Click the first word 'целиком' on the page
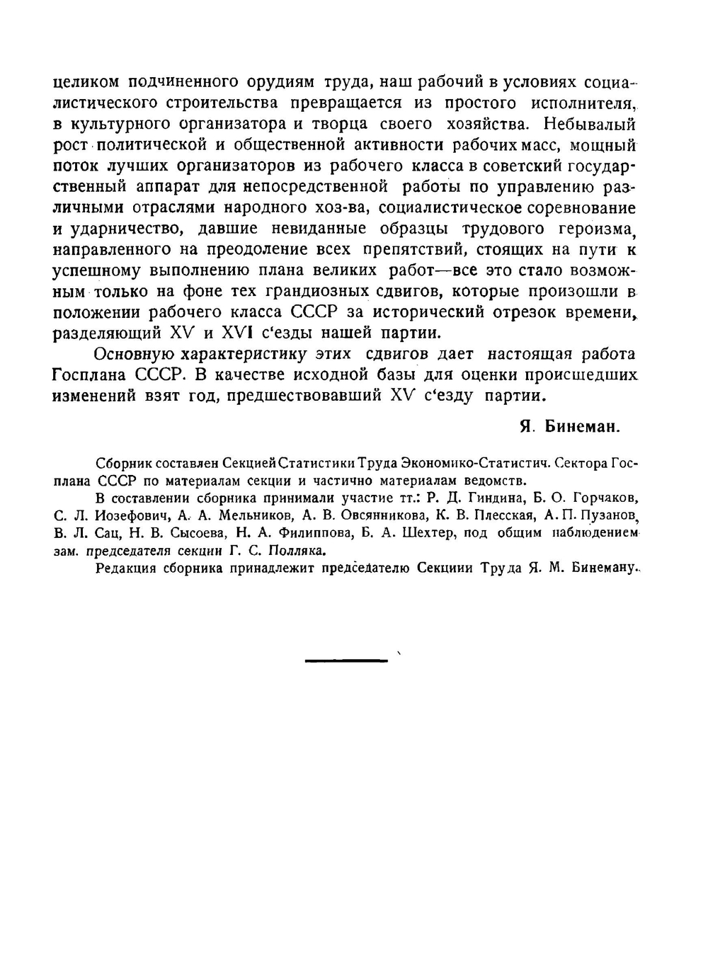pyautogui.click(x=86, y=82)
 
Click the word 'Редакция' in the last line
pyautogui.click(x=125, y=568)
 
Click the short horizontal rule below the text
pyautogui.click(x=347, y=660)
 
